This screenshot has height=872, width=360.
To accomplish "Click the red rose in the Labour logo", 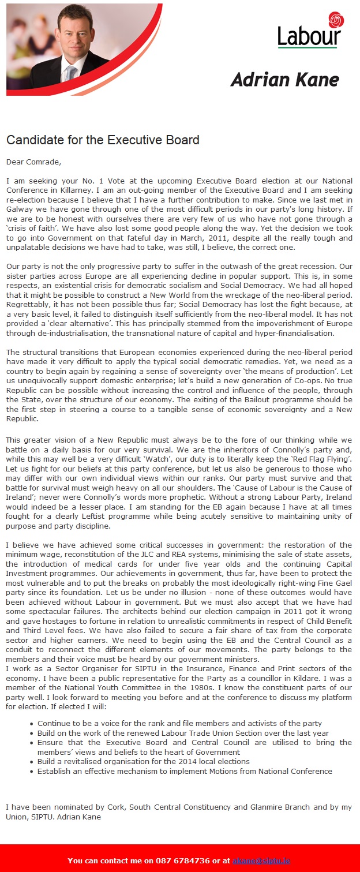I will coord(336,21).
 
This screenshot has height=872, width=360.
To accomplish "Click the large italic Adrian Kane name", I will coord(285,79).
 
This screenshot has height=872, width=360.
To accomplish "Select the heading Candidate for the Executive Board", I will coord(103,140).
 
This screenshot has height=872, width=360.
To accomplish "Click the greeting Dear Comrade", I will coord(33,162).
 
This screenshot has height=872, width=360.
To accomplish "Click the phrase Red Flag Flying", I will coord(320,459).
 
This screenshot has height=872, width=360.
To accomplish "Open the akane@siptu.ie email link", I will coord(261,860).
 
